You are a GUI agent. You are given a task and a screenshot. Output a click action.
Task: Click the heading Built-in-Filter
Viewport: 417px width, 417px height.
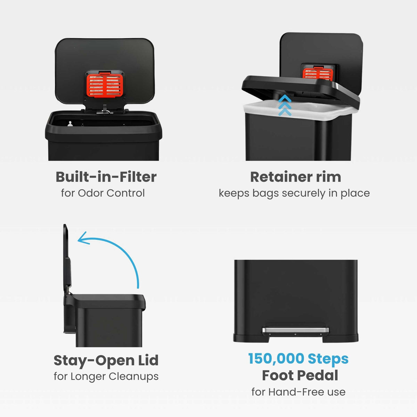pyautogui.click(x=106, y=177)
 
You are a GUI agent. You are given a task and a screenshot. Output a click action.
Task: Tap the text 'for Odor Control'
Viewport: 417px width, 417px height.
pyautogui.click(x=103, y=193)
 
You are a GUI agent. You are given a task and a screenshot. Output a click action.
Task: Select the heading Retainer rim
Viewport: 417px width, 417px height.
pyautogui.click(x=295, y=177)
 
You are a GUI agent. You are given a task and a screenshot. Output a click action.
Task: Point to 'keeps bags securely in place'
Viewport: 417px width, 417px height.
pyautogui.click(x=294, y=193)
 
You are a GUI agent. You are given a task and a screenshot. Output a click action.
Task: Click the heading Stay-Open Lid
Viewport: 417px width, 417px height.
pyautogui.click(x=106, y=360)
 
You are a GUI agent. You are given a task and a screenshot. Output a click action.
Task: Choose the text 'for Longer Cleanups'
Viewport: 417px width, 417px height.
pyautogui.click(x=106, y=376)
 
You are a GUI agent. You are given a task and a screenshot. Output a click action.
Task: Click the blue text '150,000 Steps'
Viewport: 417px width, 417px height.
pyautogui.click(x=298, y=359)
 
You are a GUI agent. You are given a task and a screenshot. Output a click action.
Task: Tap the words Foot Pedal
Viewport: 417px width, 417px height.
pyautogui.click(x=300, y=375)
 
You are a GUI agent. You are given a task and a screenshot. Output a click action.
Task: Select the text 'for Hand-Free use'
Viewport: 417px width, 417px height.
pyautogui.click(x=298, y=392)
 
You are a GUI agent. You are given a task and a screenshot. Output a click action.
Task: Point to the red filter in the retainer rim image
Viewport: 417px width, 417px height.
pyautogui.click(x=318, y=73)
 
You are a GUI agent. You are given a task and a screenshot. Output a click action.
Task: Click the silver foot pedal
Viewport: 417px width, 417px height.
pyautogui.click(x=295, y=329)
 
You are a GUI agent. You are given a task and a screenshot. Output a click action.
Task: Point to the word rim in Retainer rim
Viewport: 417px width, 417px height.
pyautogui.click(x=328, y=177)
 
